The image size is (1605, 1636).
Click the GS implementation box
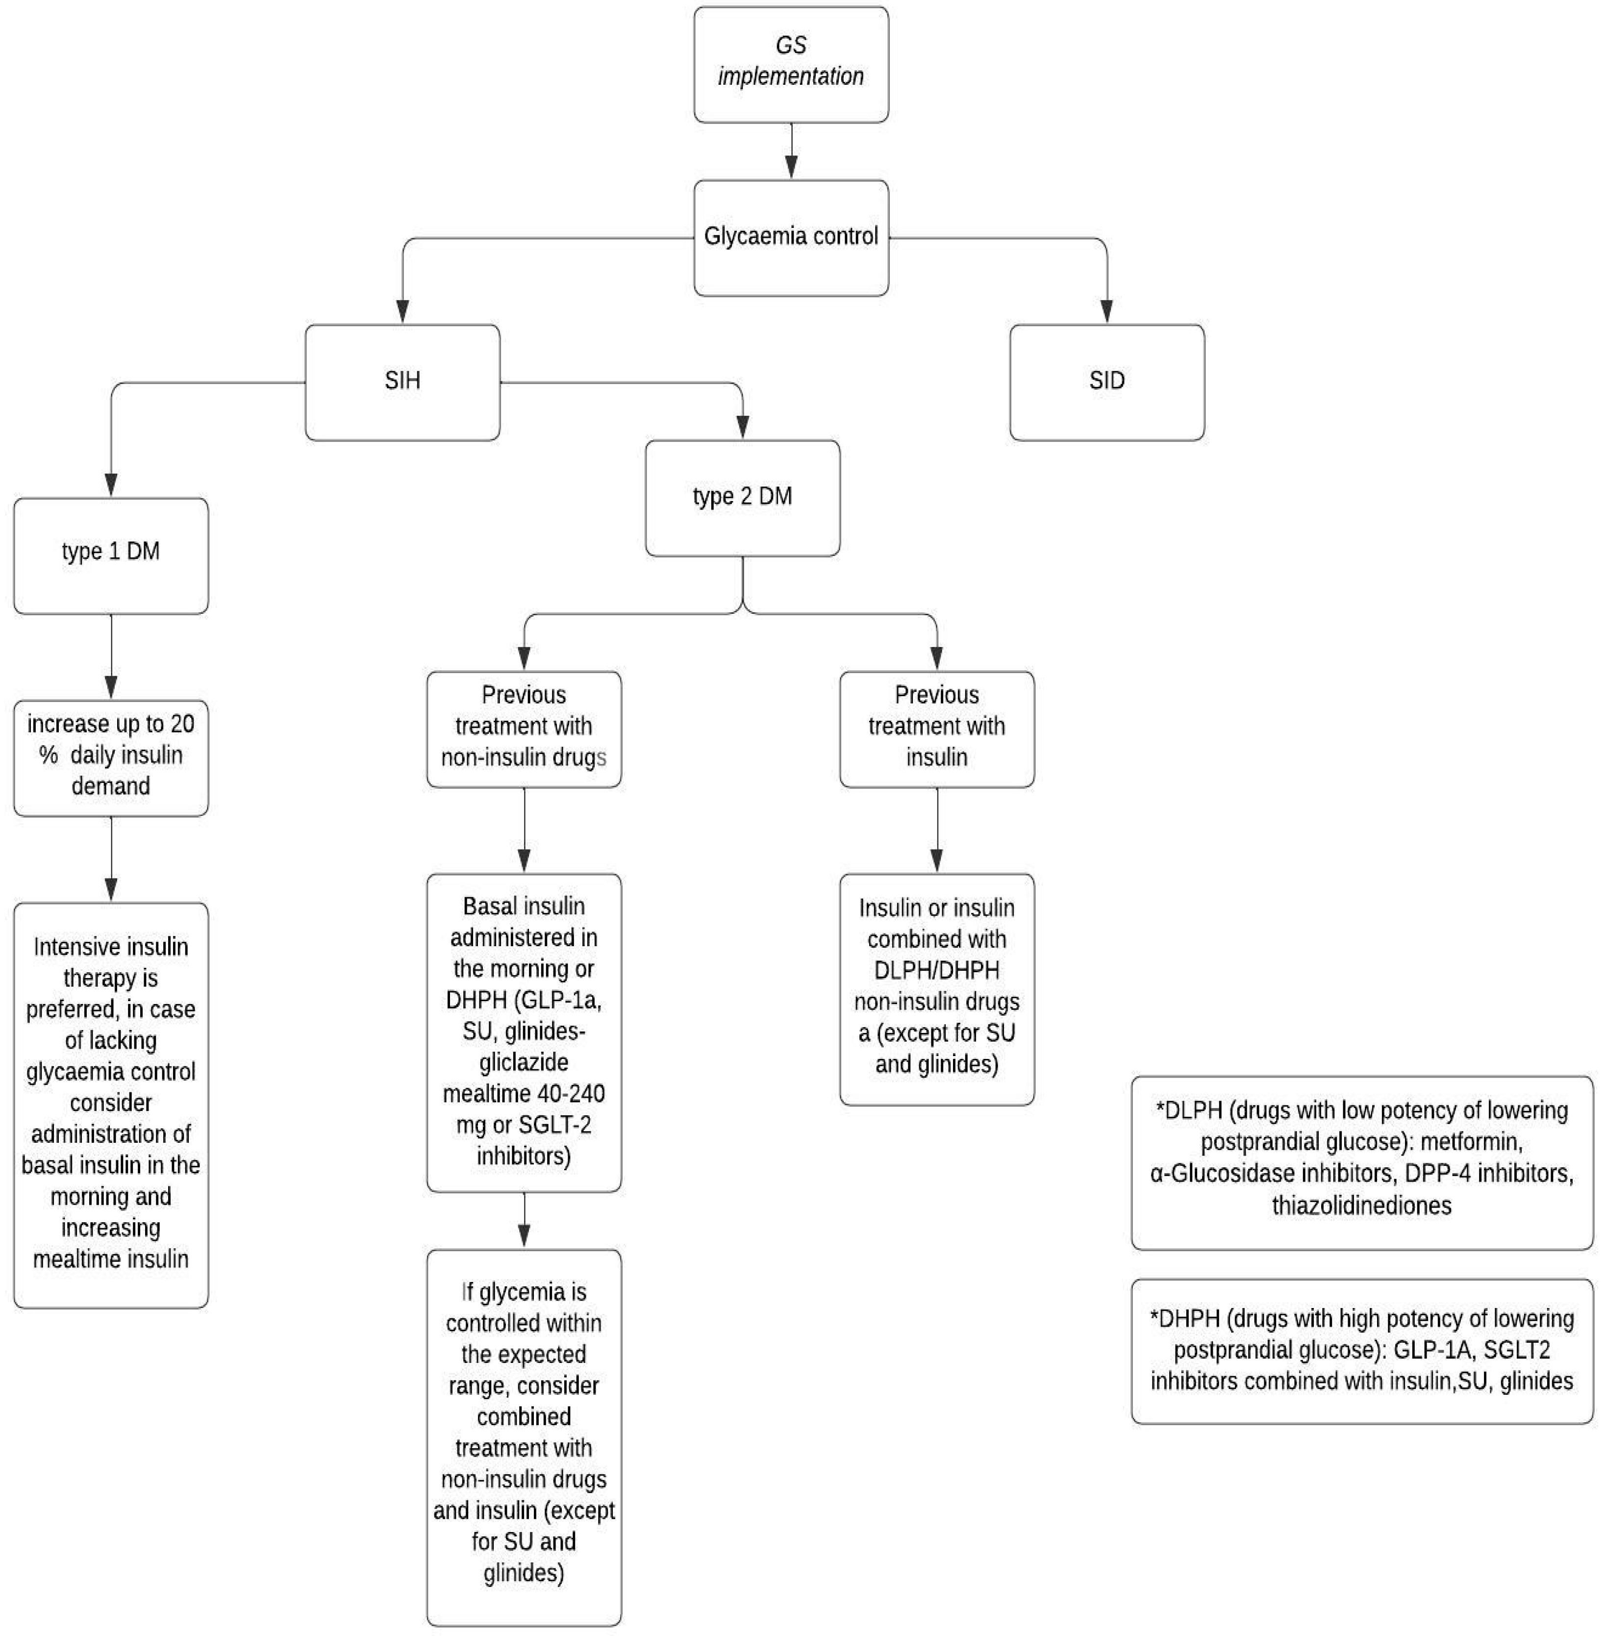pos(791,65)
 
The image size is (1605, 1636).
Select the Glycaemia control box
pos(791,237)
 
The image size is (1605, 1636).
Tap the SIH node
pos(402,382)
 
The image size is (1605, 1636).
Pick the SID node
pos(1106,382)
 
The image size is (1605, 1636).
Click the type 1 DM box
pos(110,554)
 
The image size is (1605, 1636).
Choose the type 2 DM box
pos(742,497)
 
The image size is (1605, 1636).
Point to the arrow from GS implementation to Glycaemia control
pos(791,151)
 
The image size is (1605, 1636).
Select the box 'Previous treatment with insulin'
pos(936,728)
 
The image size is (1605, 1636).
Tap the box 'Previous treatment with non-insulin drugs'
pos(524,728)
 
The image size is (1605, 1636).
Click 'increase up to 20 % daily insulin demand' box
pos(110,756)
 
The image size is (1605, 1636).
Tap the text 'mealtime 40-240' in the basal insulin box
pos(524,1094)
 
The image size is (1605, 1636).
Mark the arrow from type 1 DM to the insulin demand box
pos(110,657)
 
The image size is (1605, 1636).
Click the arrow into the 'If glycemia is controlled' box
pos(524,1222)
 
